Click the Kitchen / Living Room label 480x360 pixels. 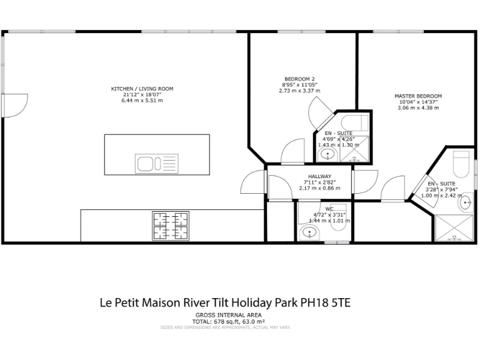tap(142, 89)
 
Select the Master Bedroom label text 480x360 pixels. tap(417, 96)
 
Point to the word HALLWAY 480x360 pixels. tap(319, 176)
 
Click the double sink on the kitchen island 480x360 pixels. tap(157, 164)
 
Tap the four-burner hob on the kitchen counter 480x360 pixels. tap(171, 226)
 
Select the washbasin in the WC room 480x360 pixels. tap(309, 233)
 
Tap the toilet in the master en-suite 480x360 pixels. tap(461, 164)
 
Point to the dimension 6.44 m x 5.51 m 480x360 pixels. tap(142, 101)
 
